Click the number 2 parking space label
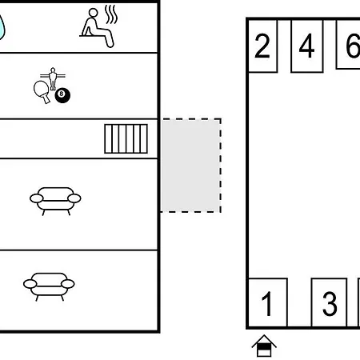point(262,46)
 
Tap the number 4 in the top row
point(306,46)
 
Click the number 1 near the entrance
point(266,303)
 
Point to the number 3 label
point(330,304)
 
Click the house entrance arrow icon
point(264,346)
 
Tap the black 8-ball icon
point(62,95)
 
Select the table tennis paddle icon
point(42,91)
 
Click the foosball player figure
point(53,78)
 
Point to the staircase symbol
point(126,138)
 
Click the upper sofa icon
point(55,201)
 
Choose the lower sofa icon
point(49,286)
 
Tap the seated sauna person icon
point(98,28)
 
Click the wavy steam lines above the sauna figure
point(111,14)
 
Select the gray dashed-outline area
point(191,166)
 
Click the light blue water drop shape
point(2,27)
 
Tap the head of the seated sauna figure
point(94,13)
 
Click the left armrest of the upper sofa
point(37,198)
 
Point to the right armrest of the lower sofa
point(68,284)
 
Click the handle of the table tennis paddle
point(46,99)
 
